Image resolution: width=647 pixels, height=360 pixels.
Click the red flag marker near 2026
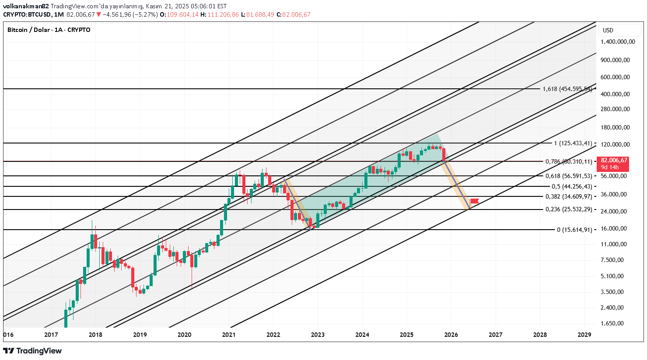point(474,201)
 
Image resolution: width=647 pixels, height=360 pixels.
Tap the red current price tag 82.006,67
point(614,161)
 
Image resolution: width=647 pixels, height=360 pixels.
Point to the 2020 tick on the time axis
point(184,335)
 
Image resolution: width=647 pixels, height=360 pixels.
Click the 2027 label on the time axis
point(495,335)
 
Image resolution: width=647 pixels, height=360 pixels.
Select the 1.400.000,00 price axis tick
point(618,42)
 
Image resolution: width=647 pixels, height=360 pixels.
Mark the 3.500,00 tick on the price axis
point(612,292)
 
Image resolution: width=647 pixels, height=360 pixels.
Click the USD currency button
point(608,30)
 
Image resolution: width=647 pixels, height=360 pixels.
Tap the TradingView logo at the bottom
point(32,351)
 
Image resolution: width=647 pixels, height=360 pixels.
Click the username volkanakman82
point(26,6)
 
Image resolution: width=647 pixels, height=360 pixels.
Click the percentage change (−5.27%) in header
point(146,14)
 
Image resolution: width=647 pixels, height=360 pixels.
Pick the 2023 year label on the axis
point(318,335)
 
